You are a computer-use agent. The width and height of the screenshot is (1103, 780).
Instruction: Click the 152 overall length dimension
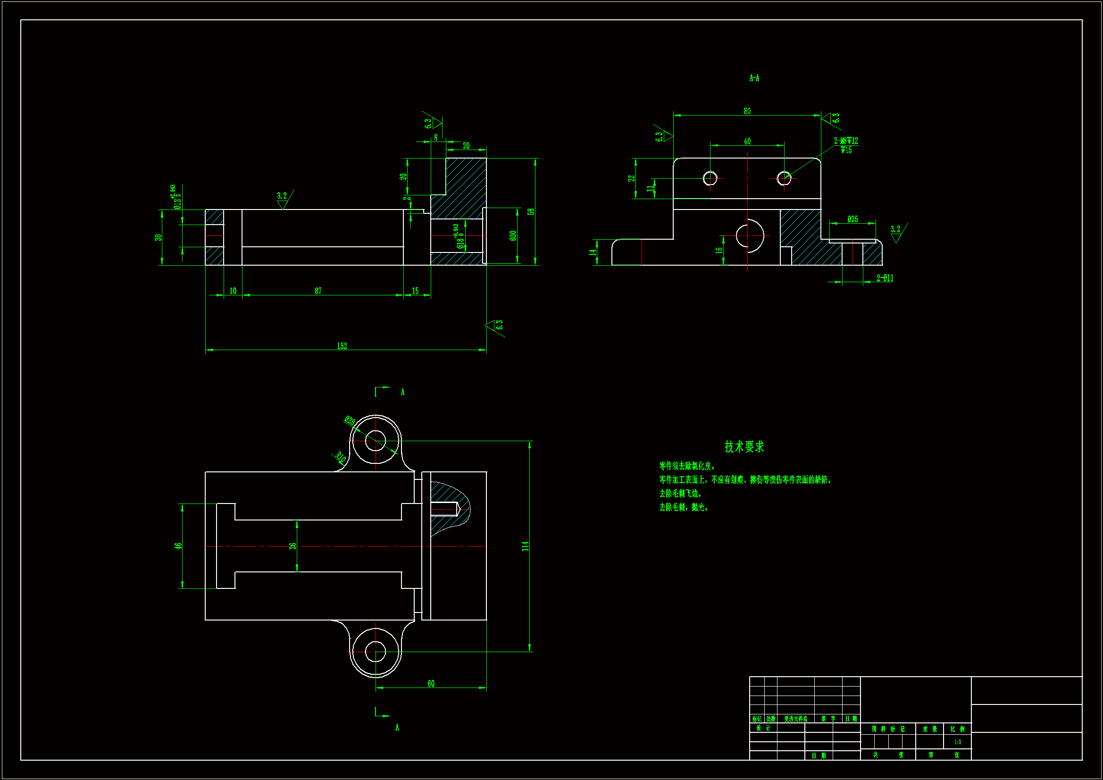point(342,346)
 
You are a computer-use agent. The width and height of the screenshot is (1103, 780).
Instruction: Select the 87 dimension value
point(318,291)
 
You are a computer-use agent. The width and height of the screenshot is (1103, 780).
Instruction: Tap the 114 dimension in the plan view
point(525,546)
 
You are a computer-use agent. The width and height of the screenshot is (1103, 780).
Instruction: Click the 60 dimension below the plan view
point(431,683)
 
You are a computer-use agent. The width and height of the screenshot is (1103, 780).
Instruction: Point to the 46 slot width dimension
point(178,546)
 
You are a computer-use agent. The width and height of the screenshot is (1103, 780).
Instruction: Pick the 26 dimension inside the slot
point(292,546)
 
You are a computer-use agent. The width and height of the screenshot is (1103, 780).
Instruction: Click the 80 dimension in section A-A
point(747,111)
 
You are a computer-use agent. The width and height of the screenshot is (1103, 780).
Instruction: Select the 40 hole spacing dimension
point(747,141)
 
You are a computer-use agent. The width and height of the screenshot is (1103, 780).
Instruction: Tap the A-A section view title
point(754,78)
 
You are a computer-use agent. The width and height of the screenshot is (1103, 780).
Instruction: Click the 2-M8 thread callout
point(845,141)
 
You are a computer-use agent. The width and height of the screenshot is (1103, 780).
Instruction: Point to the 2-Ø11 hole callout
point(885,278)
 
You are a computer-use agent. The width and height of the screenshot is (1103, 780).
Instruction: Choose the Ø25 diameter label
point(852,219)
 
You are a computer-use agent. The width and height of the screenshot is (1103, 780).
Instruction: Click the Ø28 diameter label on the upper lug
point(350,421)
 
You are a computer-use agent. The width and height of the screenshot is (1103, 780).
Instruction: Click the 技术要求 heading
point(744,447)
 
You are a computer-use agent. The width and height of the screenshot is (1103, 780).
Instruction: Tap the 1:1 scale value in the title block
point(957,742)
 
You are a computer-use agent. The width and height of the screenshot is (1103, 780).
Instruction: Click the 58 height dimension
point(530,211)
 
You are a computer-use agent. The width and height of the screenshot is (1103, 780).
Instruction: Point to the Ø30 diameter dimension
point(513,235)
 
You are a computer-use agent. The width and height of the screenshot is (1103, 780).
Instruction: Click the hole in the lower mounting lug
point(375,652)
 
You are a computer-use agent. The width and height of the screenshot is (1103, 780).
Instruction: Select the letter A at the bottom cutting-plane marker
point(397,728)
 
